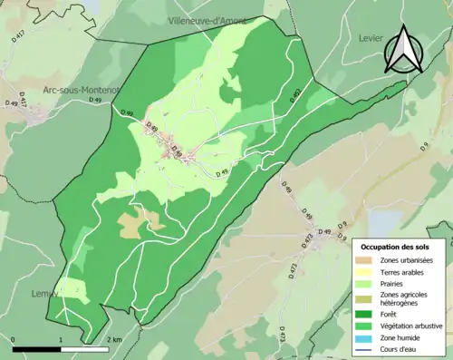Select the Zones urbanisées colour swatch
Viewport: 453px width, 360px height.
362,261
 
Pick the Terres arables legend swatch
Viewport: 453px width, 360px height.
362,272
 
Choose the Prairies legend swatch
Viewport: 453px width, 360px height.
362,283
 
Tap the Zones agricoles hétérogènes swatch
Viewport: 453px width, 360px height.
362,297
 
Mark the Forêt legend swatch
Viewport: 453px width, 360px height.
362,313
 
